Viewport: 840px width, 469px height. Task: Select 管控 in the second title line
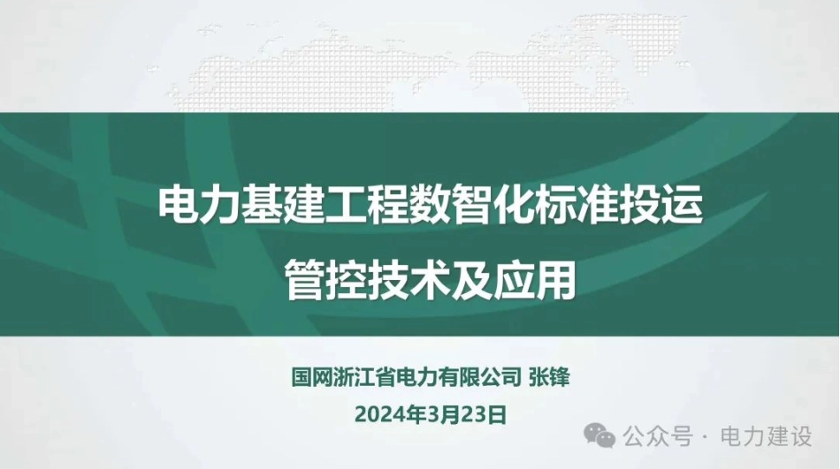click(x=325, y=279)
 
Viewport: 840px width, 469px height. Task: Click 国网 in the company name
click(x=312, y=377)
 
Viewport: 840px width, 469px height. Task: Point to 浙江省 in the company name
click(x=363, y=377)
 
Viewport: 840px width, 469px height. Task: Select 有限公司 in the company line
click(x=479, y=377)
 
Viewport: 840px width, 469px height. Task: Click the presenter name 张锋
click(x=549, y=377)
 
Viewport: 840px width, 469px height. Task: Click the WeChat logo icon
click(x=599, y=435)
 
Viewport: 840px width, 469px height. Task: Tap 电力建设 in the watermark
click(x=766, y=436)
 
